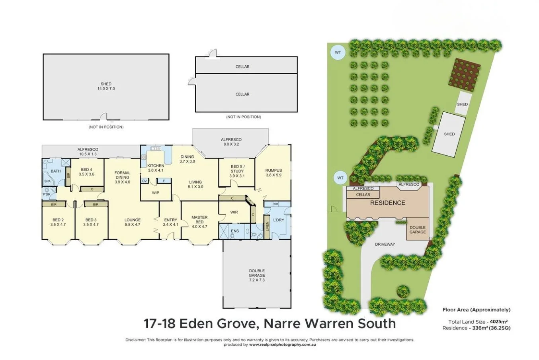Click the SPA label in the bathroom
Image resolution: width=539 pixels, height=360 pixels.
point(47,181)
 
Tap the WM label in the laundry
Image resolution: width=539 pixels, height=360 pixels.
point(275,204)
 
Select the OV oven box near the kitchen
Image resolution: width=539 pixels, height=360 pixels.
point(144,181)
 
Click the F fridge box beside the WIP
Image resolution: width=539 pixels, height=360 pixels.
point(164,181)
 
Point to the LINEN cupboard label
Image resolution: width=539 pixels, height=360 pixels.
point(267,227)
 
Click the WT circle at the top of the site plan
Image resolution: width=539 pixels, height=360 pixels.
point(338,52)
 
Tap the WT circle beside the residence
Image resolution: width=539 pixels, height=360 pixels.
point(340,178)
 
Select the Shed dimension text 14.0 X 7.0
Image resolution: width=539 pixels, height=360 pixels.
point(106,88)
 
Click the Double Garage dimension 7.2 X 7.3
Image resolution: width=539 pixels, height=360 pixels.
point(257,280)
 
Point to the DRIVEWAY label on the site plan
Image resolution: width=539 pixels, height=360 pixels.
point(385,244)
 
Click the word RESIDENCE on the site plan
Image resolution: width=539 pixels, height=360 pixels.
point(388,203)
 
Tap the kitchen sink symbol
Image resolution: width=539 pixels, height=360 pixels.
point(156,149)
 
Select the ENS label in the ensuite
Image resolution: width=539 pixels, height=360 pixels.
point(235,231)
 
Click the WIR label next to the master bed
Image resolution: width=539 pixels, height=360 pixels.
point(234,212)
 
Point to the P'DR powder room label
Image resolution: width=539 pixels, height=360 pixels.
point(47,194)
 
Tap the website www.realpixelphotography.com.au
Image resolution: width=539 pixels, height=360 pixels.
point(283,344)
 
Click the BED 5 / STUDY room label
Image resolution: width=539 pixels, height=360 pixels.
point(237,169)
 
